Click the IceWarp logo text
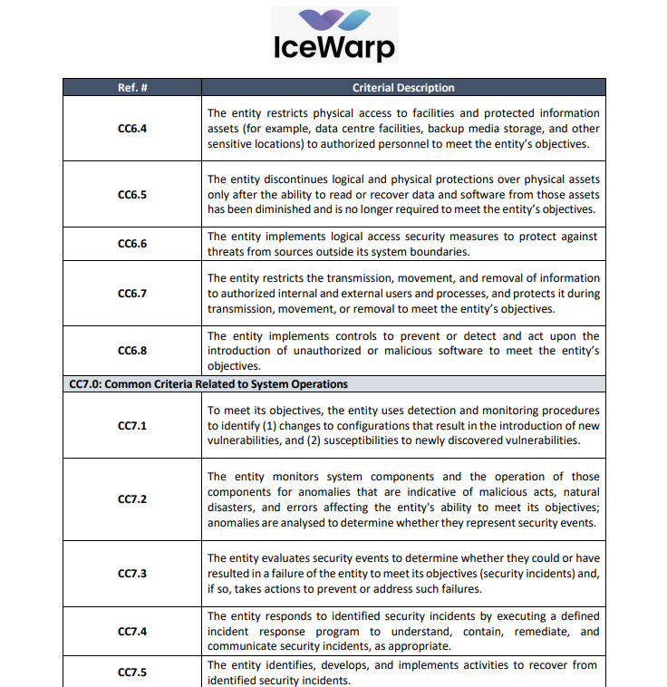(333, 46)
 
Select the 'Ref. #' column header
(132, 88)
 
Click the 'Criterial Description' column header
(403, 88)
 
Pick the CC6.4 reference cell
(132, 128)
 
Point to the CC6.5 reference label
(132, 194)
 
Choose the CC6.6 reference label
(132, 244)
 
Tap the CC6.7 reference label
(132, 293)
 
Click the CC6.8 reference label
(132, 351)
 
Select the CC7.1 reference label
(132, 425)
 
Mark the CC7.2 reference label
(132, 499)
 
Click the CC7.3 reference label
(132, 573)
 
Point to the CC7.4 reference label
(132, 631)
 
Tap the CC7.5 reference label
(132, 672)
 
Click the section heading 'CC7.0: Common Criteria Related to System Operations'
(208, 384)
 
